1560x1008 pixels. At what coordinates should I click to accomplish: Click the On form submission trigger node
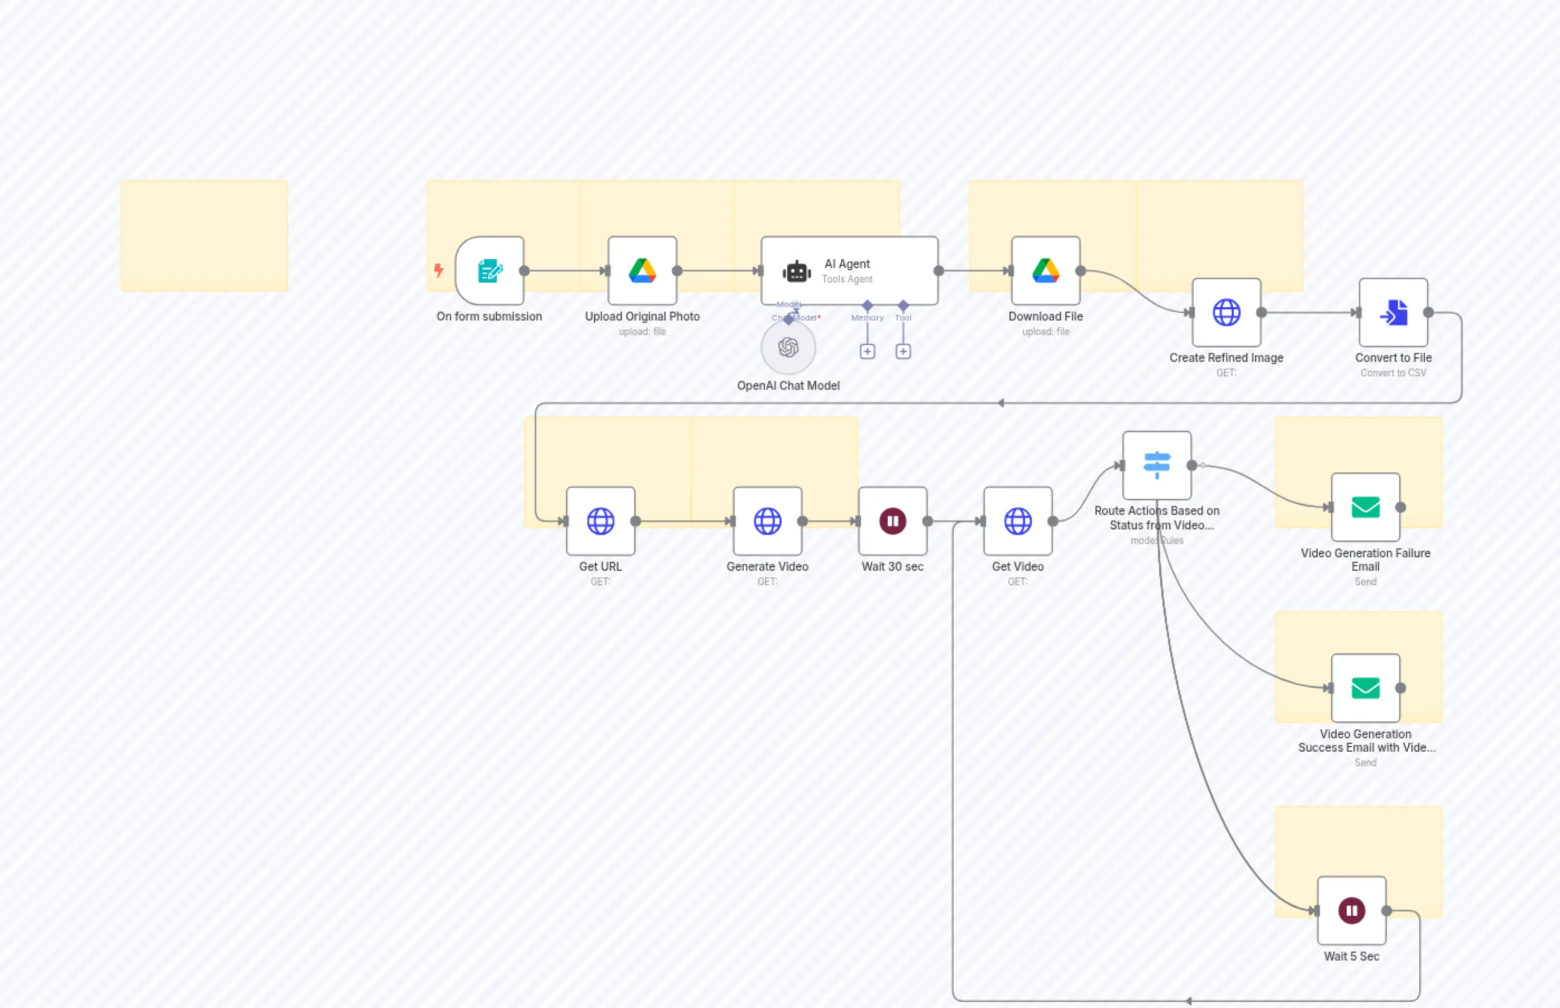tap(490, 270)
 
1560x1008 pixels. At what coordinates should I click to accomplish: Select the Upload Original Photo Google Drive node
tap(642, 270)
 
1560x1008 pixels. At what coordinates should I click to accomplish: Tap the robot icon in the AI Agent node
tap(796, 271)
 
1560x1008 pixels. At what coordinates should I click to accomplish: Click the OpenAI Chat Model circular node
tap(788, 347)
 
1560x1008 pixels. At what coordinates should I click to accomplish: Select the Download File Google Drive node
tap(1045, 270)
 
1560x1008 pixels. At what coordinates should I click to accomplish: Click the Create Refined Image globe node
tap(1226, 312)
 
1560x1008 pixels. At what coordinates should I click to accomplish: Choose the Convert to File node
tap(1393, 312)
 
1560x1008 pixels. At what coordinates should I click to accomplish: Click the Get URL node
tap(600, 521)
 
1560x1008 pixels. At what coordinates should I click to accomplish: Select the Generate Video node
tap(767, 521)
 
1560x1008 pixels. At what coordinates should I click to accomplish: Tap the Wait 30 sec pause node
tap(892, 521)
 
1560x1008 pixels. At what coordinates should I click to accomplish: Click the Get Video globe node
tap(1017, 521)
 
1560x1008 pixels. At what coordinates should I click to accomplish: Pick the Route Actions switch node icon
tap(1156, 465)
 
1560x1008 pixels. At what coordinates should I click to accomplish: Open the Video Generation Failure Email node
tap(1365, 507)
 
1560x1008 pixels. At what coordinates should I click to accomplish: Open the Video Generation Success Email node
tap(1365, 688)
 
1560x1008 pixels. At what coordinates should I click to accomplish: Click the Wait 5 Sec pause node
tap(1351, 910)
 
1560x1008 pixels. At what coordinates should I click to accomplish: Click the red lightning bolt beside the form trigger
tap(438, 270)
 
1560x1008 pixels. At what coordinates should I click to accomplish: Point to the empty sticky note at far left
tap(204, 236)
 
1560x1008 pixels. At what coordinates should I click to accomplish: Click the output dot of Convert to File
tap(1428, 312)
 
